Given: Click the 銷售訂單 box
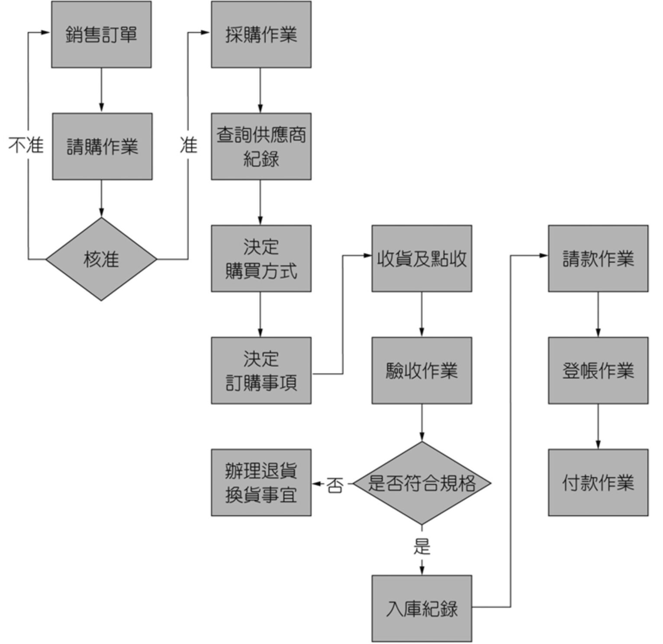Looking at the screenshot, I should [x=101, y=35].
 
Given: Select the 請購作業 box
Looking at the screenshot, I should [x=102, y=147].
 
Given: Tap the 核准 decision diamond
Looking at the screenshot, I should [x=101, y=259].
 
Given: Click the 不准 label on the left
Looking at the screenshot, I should [x=26, y=145].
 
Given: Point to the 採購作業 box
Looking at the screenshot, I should [x=261, y=35].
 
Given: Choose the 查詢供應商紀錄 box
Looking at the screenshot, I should [x=261, y=147].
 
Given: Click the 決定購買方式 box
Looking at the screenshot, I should [x=261, y=258].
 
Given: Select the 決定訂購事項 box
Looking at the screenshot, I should [x=261, y=370].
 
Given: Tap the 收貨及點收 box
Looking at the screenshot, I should [x=422, y=258].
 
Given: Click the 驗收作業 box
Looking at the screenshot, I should [x=422, y=370].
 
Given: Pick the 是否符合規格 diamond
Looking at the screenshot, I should [x=422, y=483].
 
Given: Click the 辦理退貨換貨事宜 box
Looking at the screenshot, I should [x=261, y=482].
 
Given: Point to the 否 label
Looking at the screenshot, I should [x=335, y=485].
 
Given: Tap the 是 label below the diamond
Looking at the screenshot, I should [x=422, y=546].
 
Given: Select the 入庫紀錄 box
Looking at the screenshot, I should [x=422, y=608].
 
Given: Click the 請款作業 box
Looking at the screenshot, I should [x=598, y=258].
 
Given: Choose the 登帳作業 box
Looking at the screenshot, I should [x=598, y=370].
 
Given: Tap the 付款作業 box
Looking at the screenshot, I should [x=598, y=482].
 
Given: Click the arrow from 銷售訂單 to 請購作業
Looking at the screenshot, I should [x=101, y=90].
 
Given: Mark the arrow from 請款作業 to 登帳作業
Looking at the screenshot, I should [x=598, y=314].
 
